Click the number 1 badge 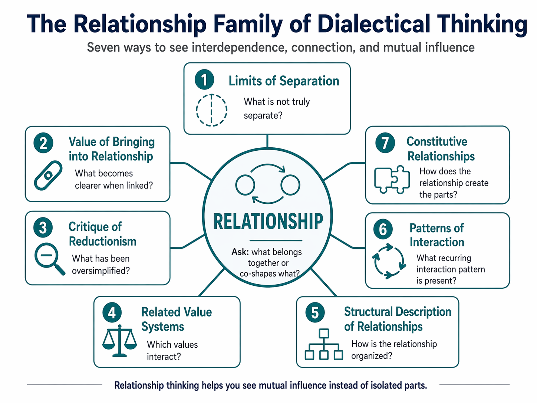pyautogui.click(x=204, y=79)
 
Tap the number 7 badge pyautogui.click(x=385, y=143)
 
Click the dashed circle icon pyautogui.click(x=211, y=110)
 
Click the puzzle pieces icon pyautogui.click(x=392, y=180)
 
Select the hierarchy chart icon pyautogui.click(x=324, y=344)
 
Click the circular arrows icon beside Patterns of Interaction pyautogui.click(x=389, y=261)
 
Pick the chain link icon pyautogui.click(x=48, y=175)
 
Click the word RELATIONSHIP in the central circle pyautogui.click(x=268, y=221)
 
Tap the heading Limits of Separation pyautogui.click(x=284, y=81)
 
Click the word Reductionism pyautogui.click(x=102, y=242)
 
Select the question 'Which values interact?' pyautogui.click(x=172, y=350)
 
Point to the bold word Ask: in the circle pyautogui.click(x=240, y=252)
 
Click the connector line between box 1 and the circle pyautogui.click(x=267, y=141)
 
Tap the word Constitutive pyautogui.click(x=437, y=141)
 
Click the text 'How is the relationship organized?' pyautogui.click(x=394, y=350)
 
